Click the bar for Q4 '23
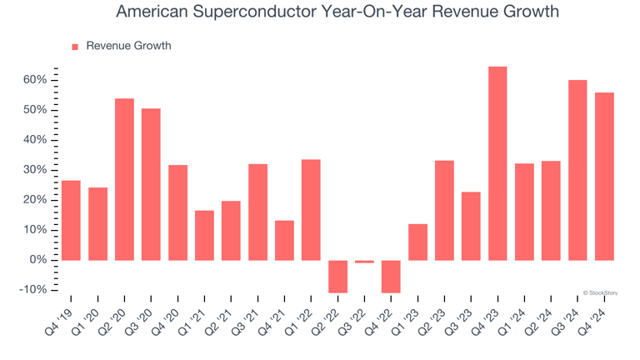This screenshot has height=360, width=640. [497, 163]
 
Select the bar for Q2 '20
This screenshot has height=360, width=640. [124, 179]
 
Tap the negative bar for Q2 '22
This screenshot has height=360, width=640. [337, 276]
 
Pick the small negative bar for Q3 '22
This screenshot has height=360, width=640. [364, 262]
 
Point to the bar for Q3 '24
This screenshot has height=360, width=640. [577, 170]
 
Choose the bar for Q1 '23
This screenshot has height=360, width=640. [417, 242]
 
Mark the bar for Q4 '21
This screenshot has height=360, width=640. [284, 240]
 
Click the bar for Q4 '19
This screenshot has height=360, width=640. [71, 220]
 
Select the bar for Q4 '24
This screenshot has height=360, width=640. [604, 176]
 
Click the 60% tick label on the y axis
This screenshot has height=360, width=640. [35, 80]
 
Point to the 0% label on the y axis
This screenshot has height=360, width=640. [38, 260]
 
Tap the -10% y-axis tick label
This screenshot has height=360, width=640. [33, 290]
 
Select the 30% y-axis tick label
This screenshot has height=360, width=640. [35, 170]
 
